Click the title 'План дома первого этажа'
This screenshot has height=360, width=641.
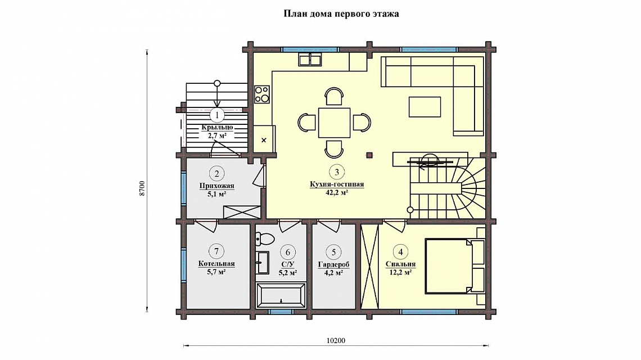point(341,14)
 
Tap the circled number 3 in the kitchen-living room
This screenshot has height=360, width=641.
point(337,172)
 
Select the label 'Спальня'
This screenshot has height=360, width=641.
point(400,264)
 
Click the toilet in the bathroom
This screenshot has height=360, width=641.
point(261,238)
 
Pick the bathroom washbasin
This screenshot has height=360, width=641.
point(263,263)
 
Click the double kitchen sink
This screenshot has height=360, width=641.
point(310,60)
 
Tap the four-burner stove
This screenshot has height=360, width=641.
point(262,94)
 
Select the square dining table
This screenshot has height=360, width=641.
point(335,122)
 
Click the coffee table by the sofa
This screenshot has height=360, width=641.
point(425,107)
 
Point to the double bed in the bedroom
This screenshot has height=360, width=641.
point(449,266)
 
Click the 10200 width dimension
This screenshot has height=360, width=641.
point(336,340)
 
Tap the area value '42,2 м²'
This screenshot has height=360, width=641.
point(337,192)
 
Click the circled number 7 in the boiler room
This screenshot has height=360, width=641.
point(216,251)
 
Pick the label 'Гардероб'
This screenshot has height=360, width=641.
point(333,265)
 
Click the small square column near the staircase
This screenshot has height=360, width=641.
point(369,155)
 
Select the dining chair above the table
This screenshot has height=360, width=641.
point(334,96)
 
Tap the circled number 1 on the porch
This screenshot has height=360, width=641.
point(217,115)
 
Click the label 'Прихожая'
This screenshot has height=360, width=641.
point(216,186)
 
